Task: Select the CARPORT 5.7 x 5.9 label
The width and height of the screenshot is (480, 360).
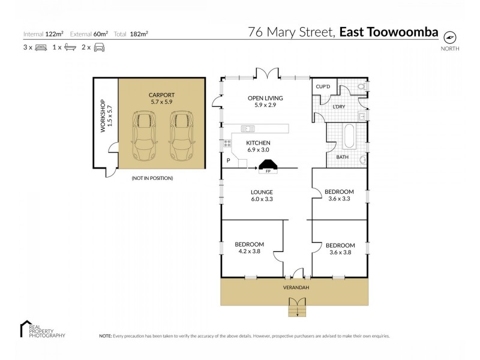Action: click(x=161, y=98)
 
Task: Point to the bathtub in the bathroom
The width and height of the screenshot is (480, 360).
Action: click(x=349, y=136)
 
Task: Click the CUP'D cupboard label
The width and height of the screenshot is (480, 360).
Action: click(x=323, y=87)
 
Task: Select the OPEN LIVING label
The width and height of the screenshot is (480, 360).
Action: click(x=265, y=101)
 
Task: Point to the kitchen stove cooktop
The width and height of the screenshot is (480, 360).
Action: click(x=228, y=143)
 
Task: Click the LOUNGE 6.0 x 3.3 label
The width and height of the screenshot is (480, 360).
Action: click(x=262, y=196)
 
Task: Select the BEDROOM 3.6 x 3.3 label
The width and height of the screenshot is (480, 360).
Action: click(x=340, y=195)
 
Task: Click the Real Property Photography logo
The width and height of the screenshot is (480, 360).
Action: click(x=42, y=330)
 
